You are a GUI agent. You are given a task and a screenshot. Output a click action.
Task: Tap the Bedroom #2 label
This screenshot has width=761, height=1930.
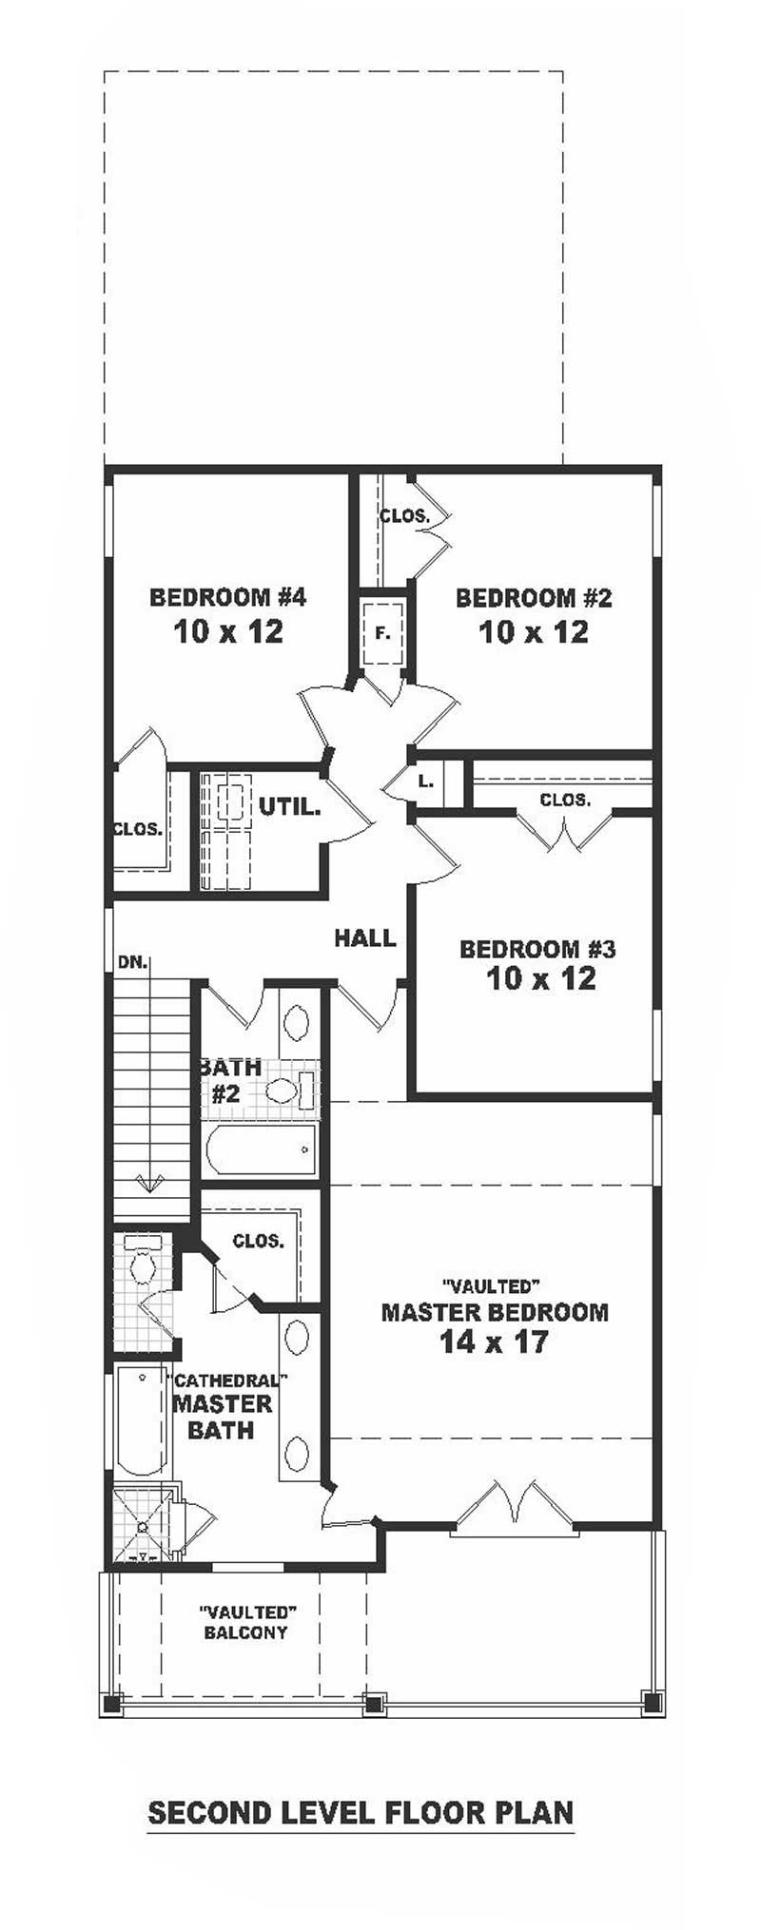pyautogui.click(x=534, y=598)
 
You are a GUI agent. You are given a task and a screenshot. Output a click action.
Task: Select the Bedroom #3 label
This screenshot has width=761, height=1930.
pyautogui.click(x=537, y=949)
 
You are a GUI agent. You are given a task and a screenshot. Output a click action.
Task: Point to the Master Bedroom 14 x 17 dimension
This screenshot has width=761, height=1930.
pyautogui.click(x=494, y=1341)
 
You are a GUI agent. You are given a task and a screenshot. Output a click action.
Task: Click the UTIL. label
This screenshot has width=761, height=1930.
pyautogui.click(x=290, y=808)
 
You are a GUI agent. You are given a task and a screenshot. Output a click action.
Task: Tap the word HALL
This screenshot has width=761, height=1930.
pyautogui.click(x=364, y=938)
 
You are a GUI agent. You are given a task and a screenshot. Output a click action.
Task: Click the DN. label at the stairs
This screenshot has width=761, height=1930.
pyautogui.click(x=133, y=961)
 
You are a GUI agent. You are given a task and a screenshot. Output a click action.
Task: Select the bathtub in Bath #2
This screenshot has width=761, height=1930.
pyautogui.click(x=262, y=1149)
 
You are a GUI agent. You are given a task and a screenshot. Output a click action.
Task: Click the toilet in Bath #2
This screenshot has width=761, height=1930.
pyautogui.click(x=290, y=1090)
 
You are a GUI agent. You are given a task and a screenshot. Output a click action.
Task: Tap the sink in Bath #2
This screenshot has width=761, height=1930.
pyautogui.click(x=297, y=1023)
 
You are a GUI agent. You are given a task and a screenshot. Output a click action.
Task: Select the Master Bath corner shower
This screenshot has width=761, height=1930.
pyautogui.click(x=145, y=1524)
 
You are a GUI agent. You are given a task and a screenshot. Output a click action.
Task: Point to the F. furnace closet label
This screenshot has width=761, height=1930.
pyautogui.click(x=382, y=632)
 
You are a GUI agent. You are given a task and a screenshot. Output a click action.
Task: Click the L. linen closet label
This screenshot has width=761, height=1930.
pyautogui.click(x=426, y=782)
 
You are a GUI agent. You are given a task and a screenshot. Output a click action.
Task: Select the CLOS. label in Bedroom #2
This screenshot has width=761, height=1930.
pyautogui.click(x=405, y=516)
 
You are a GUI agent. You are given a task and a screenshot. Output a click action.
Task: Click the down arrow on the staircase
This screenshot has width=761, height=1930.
pyautogui.click(x=149, y=1183)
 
